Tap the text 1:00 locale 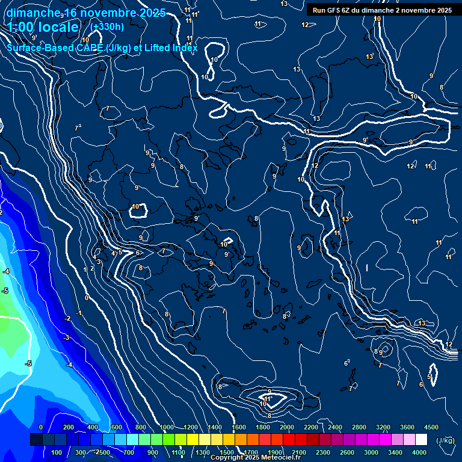click(x=43, y=27)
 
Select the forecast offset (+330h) click(x=106, y=26)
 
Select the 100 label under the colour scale click(x=57, y=452)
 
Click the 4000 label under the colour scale click(x=419, y=452)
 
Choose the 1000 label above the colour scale click(x=166, y=427)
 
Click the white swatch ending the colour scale click(x=421, y=440)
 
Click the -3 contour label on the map click(x=66, y=337)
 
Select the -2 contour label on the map click(x=68, y=318)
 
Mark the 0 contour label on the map click(x=87, y=298)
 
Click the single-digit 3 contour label click(x=99, y=262)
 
